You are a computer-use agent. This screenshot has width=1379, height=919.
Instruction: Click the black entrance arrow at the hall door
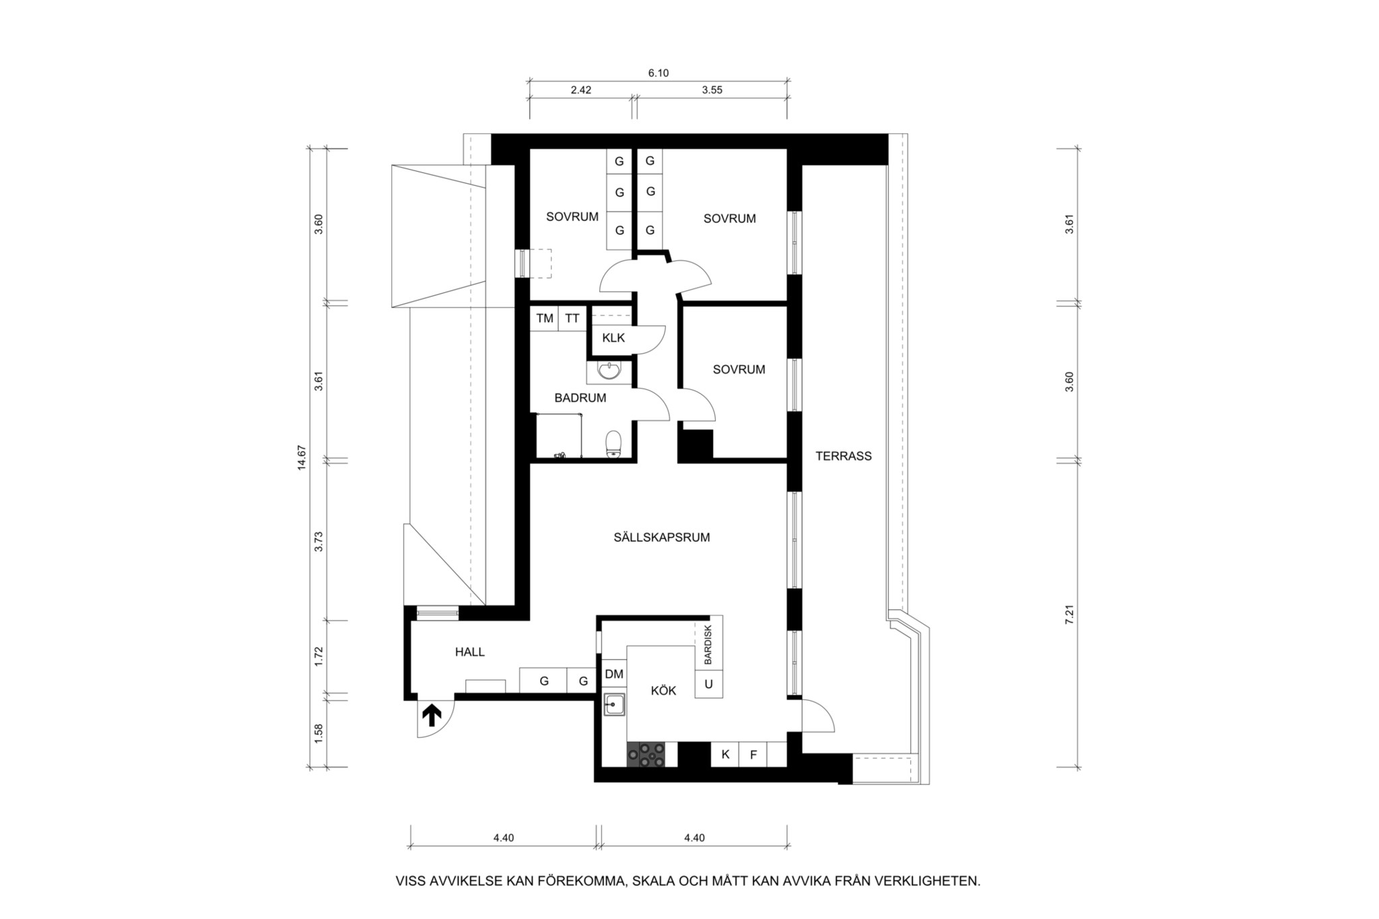click(431, 715)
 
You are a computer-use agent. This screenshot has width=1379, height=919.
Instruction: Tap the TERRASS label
click(843, 456)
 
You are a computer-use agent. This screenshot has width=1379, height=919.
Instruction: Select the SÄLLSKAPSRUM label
click(661, 537)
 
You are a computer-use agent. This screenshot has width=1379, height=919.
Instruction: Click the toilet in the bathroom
click(613, 444)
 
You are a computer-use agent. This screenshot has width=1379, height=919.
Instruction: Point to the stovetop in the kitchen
click(646, 754)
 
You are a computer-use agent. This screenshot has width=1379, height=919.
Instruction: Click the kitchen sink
click(613, 704)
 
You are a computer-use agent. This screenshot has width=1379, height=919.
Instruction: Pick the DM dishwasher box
click(614, 674)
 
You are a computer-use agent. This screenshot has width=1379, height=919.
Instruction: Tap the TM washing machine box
click(545, 318)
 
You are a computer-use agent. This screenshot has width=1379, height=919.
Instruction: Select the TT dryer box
click(572, 318)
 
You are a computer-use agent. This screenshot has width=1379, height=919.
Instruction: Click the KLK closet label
click(613, 337)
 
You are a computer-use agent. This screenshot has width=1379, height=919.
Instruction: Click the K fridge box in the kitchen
click(725, 754)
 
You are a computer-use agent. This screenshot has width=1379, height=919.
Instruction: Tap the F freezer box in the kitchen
click(753, 754)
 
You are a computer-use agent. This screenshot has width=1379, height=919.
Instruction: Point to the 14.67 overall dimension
click(302, 457)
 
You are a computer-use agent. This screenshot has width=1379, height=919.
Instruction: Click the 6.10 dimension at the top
click(658, 73)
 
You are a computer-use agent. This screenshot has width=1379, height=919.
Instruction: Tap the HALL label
click(469, 652)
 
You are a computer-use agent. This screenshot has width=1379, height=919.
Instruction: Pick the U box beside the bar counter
click(708, 684)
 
